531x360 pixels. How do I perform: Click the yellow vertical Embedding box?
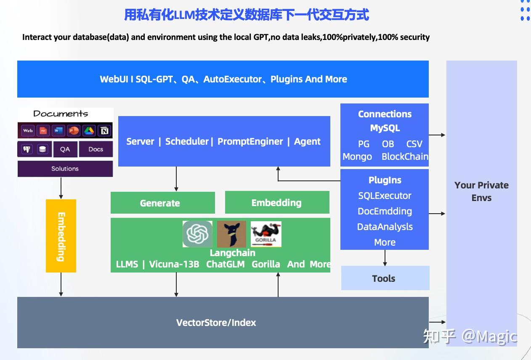(x=61, y=236)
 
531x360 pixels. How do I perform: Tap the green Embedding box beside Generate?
(x=277, y=203)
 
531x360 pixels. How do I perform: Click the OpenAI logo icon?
(x=197, y=234)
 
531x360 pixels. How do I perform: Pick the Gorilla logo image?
(x=266, y=234)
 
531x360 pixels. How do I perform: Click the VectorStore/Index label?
(x=216, y=323)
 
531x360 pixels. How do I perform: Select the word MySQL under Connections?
(x=385, y=128)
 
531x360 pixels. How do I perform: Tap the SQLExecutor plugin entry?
(x=385, y=196)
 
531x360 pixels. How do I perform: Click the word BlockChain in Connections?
(x=405, y=156)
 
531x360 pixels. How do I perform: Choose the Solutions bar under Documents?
(x=65, y=169)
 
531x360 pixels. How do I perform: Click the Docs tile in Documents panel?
(x=96, y=149)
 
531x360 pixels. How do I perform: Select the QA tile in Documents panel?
(x=65, y=149)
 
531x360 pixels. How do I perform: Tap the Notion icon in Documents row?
(x=104, y=131)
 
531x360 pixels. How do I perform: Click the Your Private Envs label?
(x=481, y=191)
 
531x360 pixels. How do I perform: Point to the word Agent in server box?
(x=307, y=141)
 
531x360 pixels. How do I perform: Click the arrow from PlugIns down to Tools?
(x=385, y=258)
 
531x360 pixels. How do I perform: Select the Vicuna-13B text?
(x=174, y=264)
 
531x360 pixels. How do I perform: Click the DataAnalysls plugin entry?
(x=385, y=227)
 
